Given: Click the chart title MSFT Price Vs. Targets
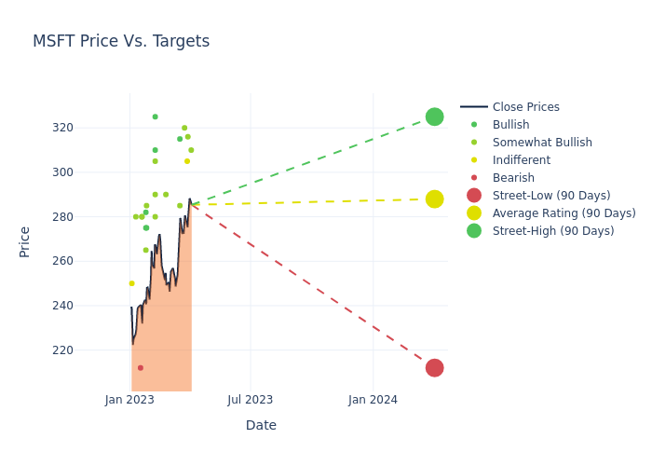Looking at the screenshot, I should point(121,42).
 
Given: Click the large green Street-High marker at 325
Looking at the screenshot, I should point(434,116).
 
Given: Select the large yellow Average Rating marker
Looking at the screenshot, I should point(434,199).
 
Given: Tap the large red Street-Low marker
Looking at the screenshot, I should point(434,368).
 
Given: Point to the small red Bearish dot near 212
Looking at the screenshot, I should point(141,368).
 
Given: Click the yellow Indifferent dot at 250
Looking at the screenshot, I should point(131,283).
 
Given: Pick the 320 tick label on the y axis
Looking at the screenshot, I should point(88,128).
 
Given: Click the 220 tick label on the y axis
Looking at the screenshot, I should point(88,350).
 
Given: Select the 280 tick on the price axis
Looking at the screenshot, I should point(88,217).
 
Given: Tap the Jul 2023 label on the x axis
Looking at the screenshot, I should point(251,400).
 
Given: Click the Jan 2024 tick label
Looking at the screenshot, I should point(373,400).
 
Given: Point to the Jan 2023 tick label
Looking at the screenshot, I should point(129,400).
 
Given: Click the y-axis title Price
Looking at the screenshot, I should point(25,241).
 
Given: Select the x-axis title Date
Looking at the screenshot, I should point(261,426).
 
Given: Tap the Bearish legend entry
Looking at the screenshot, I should point(513,178).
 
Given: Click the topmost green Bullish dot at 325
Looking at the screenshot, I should point(155,116).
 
